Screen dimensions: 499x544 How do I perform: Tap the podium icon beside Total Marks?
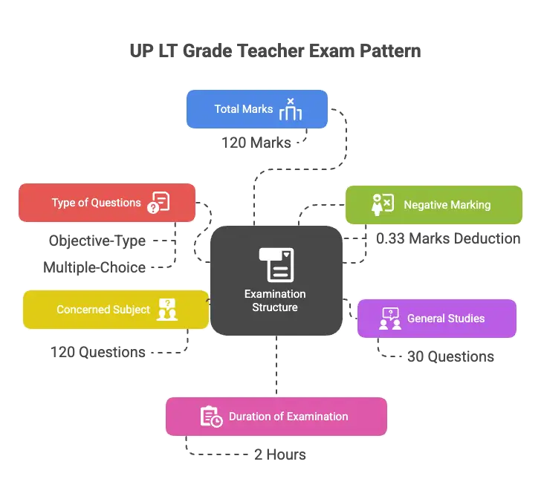pyautogui.click(x=291, y=109)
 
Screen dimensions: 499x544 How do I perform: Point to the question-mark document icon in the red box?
pyautogui.click(x=159, y=203)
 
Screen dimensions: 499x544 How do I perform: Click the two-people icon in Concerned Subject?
pyautogui.click(x=167, y=309)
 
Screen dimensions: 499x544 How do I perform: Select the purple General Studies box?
pyautogui.click(x=437, y=319)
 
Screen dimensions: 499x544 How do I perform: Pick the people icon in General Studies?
pyautogui.click(x=390, y=319)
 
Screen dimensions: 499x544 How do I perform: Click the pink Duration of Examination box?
pyautogui.click(x=276, y=416)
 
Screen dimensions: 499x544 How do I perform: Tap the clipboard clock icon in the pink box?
pyautogui.click(x=211, y=417)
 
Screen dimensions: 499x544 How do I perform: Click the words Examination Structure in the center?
pyautogui.click(x=275, y=301)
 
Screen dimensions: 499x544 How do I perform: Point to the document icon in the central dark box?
pyautogui.click(x=276, y=264)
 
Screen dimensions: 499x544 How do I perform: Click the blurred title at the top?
pyautogui.click(x=272, y=50)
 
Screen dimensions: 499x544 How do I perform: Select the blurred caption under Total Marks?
pyautogui.click(x=262, y=141)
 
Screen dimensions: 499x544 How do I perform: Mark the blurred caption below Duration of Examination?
pyautogui.click(x=279, y=455)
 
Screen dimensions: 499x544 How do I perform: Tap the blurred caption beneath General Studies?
pyautogui.click(x=438, y=356)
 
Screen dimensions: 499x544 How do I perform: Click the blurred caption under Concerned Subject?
pyautogui.click(x=99, y=353)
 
